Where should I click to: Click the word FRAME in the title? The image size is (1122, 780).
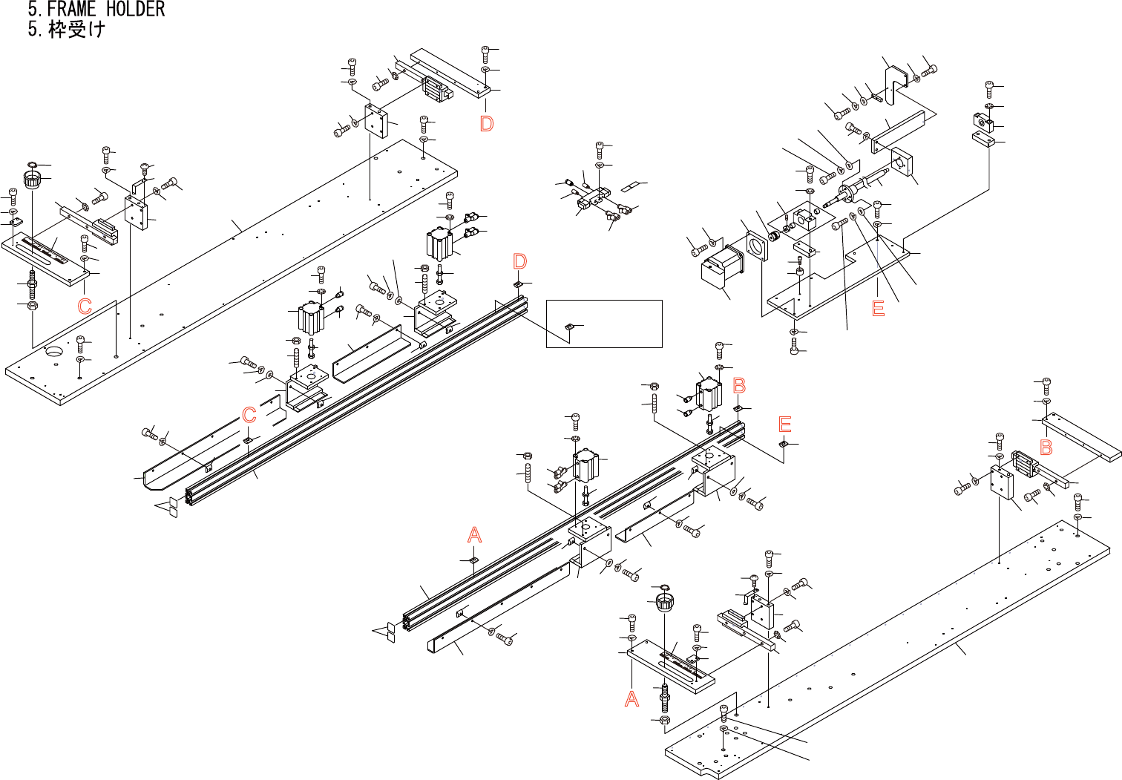coord(71,10)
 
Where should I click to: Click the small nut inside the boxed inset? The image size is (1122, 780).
coord(569,326)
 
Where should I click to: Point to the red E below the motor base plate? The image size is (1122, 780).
coord(879,308)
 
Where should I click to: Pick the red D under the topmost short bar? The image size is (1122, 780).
coord(487,123)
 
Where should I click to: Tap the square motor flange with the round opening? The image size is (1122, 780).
coord(758,246)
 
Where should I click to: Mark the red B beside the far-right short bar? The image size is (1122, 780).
coord(1046,448)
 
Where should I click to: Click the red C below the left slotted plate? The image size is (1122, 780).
coord(85,306)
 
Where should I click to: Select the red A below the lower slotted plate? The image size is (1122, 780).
coord(631,698)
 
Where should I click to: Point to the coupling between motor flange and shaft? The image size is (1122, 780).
coord(772,236)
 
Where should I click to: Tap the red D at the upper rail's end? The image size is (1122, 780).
coord(520,261)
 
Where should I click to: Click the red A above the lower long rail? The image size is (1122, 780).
coord(475,534)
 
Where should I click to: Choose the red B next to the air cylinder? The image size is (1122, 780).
coord(739,385)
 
